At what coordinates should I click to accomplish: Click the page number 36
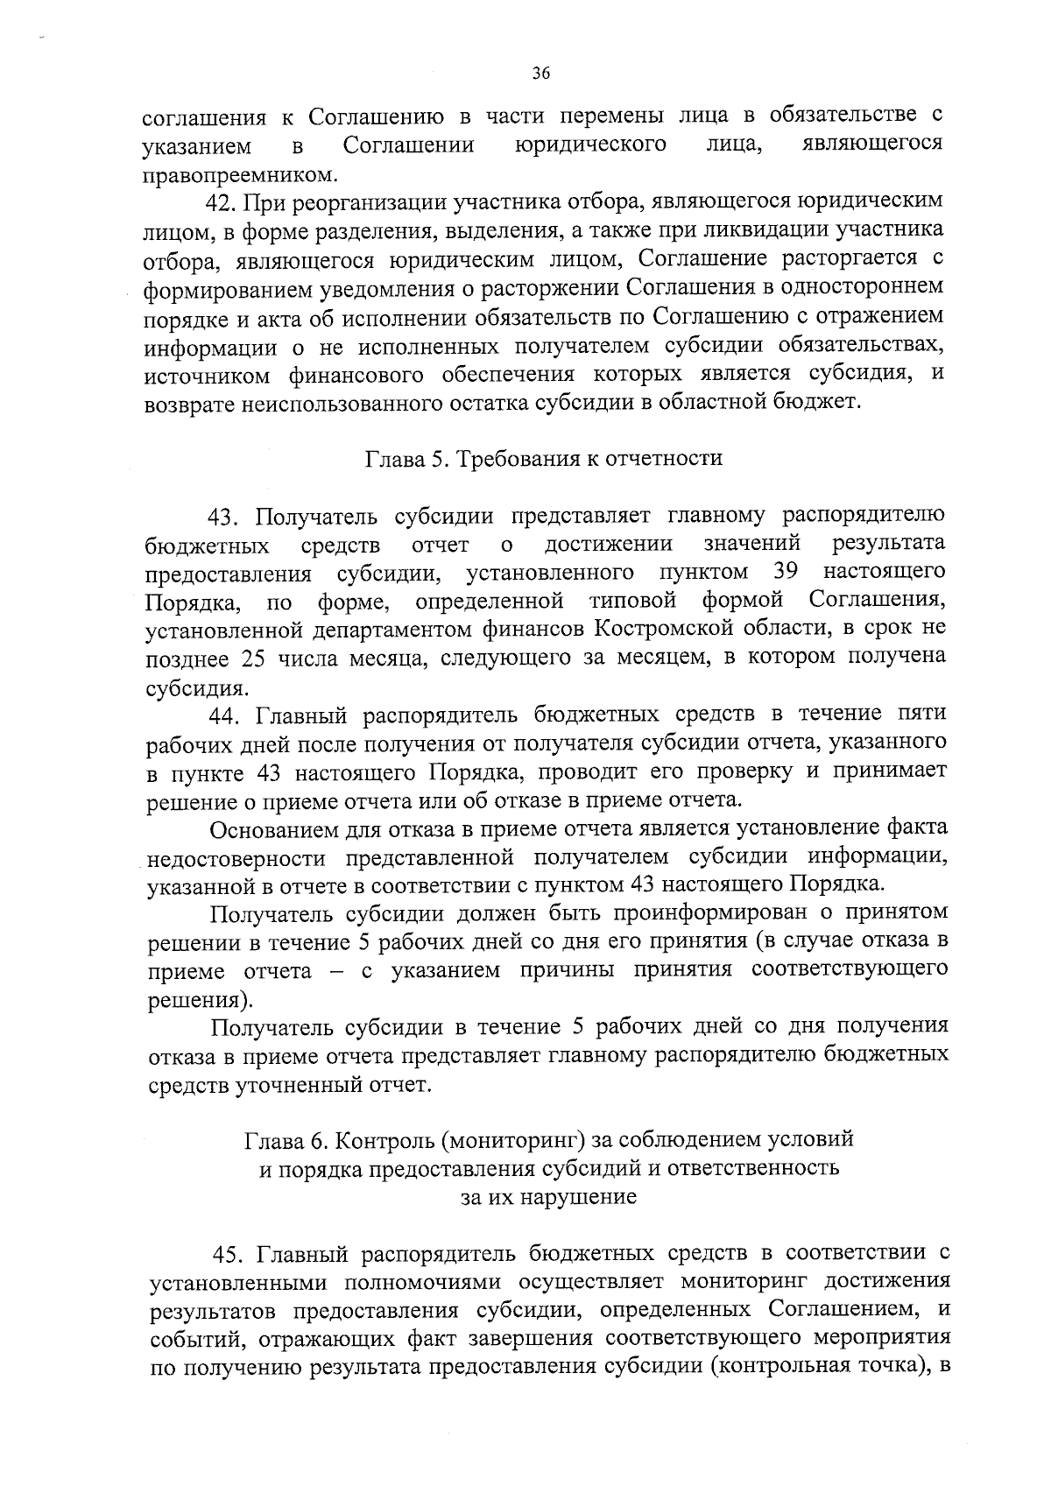pyautogui.click(x=540, y=74)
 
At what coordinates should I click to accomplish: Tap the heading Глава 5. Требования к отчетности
pyautogui.click(x=543, y=458)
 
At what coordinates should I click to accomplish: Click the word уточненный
pyautogui.click(x=290, y=1086)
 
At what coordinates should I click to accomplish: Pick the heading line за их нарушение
pyautogui.click(x=548, y=1197)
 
